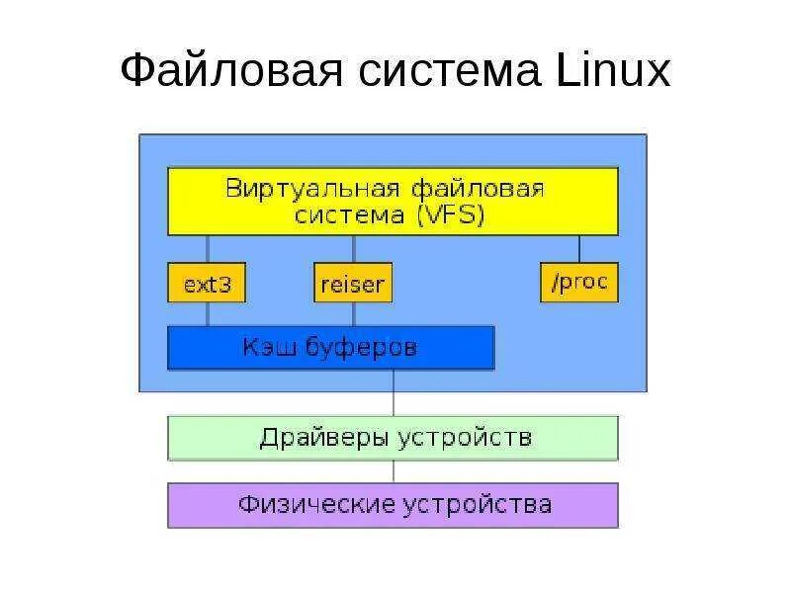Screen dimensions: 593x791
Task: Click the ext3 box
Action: point(207,284)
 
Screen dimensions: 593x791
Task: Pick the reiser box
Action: point(353,284)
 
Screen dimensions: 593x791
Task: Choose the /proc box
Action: point(579,283)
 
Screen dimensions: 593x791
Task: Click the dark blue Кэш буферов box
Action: point(330,348)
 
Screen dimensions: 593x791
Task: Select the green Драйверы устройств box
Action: point(393,438)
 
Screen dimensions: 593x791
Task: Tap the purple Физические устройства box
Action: point(393,505)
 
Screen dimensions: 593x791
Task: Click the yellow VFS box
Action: point(393,201)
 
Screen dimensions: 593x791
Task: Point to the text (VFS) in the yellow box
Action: point(450,214)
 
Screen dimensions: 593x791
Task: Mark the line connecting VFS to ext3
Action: point(207,249)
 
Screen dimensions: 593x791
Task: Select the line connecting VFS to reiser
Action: point(353,249)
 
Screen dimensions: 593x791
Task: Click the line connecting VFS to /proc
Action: point(579,249)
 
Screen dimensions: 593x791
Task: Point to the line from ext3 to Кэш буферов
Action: point(207,314)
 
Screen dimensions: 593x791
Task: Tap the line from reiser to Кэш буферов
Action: point(353,314)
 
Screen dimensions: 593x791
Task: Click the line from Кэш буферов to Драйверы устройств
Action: point(393,392)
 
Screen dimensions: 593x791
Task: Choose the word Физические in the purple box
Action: point(314,505)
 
